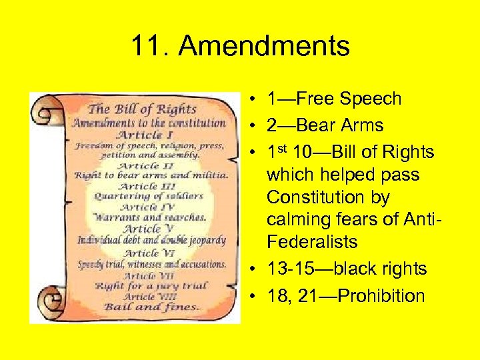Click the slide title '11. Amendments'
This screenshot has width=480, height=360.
[x=240, y=47]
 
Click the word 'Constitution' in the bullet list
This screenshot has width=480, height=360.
[x=328, y=198]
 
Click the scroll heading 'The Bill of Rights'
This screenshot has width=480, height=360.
[x=143, y=109]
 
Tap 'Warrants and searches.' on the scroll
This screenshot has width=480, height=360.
[x=149, y=217]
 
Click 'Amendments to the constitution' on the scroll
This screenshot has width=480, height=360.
[x=149, y=123]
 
